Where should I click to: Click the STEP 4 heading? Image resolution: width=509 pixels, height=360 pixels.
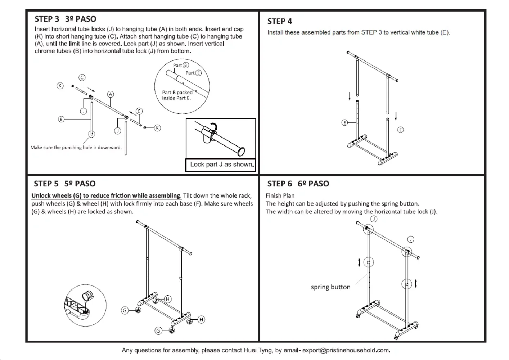(x=279, y=21)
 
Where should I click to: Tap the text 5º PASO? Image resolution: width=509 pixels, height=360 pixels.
(x=80, y=184)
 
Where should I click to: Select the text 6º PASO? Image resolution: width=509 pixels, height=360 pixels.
(x=313, y=184)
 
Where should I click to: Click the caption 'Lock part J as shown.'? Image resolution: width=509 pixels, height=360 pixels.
(x=222, y=165)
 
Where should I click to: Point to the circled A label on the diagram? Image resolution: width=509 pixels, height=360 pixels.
(x=111, y=94)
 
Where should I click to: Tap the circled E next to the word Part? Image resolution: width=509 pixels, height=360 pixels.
(x=198, y=73)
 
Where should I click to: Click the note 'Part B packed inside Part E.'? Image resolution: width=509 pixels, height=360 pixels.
(x=177, y=95)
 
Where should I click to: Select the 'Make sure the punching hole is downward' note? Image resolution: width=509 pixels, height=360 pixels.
(x=76, y=148)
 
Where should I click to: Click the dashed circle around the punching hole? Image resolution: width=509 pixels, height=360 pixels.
(x=92, y=134)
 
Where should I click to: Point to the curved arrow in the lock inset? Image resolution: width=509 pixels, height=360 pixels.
(x=214, y=125)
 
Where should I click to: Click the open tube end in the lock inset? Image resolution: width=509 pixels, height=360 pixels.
(x=241, y=152)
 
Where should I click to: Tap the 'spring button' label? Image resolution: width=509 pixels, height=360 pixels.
(x=330, y=287)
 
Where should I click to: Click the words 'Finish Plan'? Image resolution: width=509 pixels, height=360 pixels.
(x=280, y=196)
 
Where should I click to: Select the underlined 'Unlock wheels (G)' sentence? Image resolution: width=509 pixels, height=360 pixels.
(x=107, y=196)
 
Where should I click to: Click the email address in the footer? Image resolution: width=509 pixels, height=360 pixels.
(x=346, y=350)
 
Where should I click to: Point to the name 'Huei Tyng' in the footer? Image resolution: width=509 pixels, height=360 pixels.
(x=258, y=350)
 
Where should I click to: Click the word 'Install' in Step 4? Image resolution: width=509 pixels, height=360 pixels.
(x=275, y=32)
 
